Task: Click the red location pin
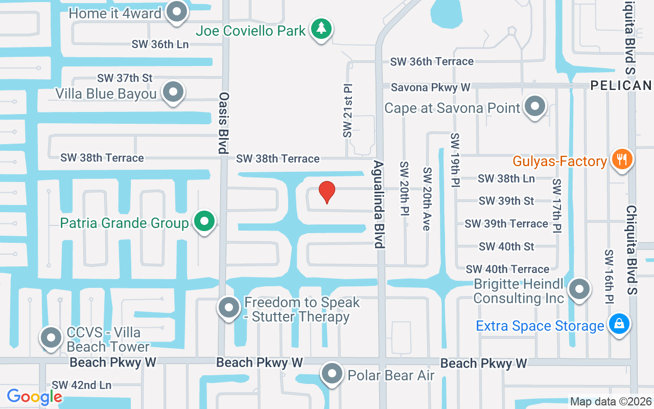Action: point(327,192)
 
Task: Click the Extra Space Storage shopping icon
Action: point(619,324)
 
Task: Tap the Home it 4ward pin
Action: point(177,12)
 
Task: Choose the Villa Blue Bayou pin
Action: point(173,93)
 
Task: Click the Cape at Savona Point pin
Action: point(535,106)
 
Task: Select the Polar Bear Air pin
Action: point(332,374)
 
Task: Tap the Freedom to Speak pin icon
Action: point(228,308)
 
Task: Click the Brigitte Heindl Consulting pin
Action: point(579,289)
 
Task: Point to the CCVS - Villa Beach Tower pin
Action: point(51,338)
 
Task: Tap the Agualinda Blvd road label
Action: point(379,204)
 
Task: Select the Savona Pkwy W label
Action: point(430,87)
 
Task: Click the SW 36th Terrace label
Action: point(432,61)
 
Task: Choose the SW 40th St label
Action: point(506,246)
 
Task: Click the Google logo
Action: point(34,397)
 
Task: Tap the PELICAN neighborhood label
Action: point(621,85)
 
